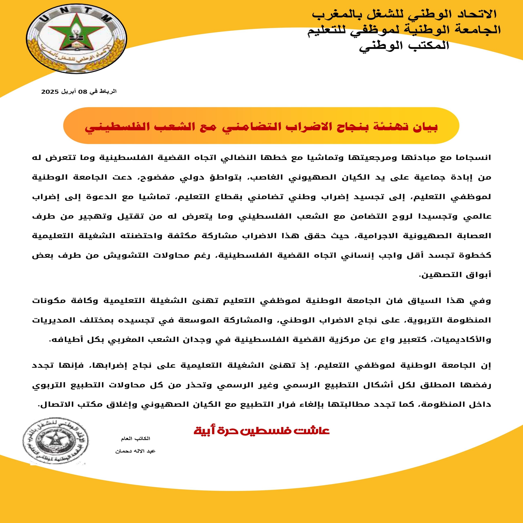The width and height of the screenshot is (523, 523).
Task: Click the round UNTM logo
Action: click(x=77, y=39)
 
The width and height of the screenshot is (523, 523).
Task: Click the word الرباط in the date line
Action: click(x=108, y=92)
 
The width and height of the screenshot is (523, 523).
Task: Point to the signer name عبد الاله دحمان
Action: click(x=135, y=451)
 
